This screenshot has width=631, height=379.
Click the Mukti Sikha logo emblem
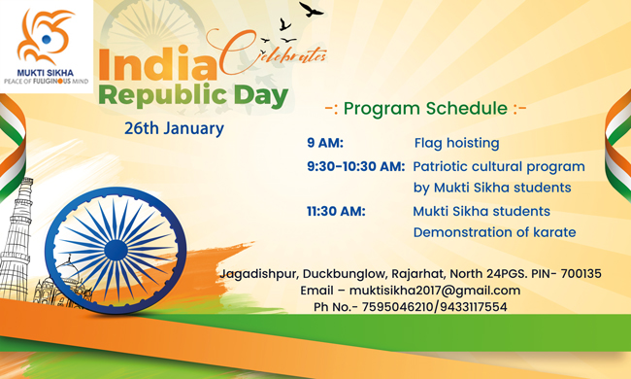(45, 36)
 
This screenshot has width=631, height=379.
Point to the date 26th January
(174, 127)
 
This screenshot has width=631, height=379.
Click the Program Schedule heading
(425, 108)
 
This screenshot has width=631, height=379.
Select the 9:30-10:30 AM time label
(355, 166)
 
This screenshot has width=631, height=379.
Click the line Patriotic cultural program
(498, 166)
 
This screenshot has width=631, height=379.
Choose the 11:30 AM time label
(335, 211)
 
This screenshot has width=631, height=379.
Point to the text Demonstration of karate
(494, 232)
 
